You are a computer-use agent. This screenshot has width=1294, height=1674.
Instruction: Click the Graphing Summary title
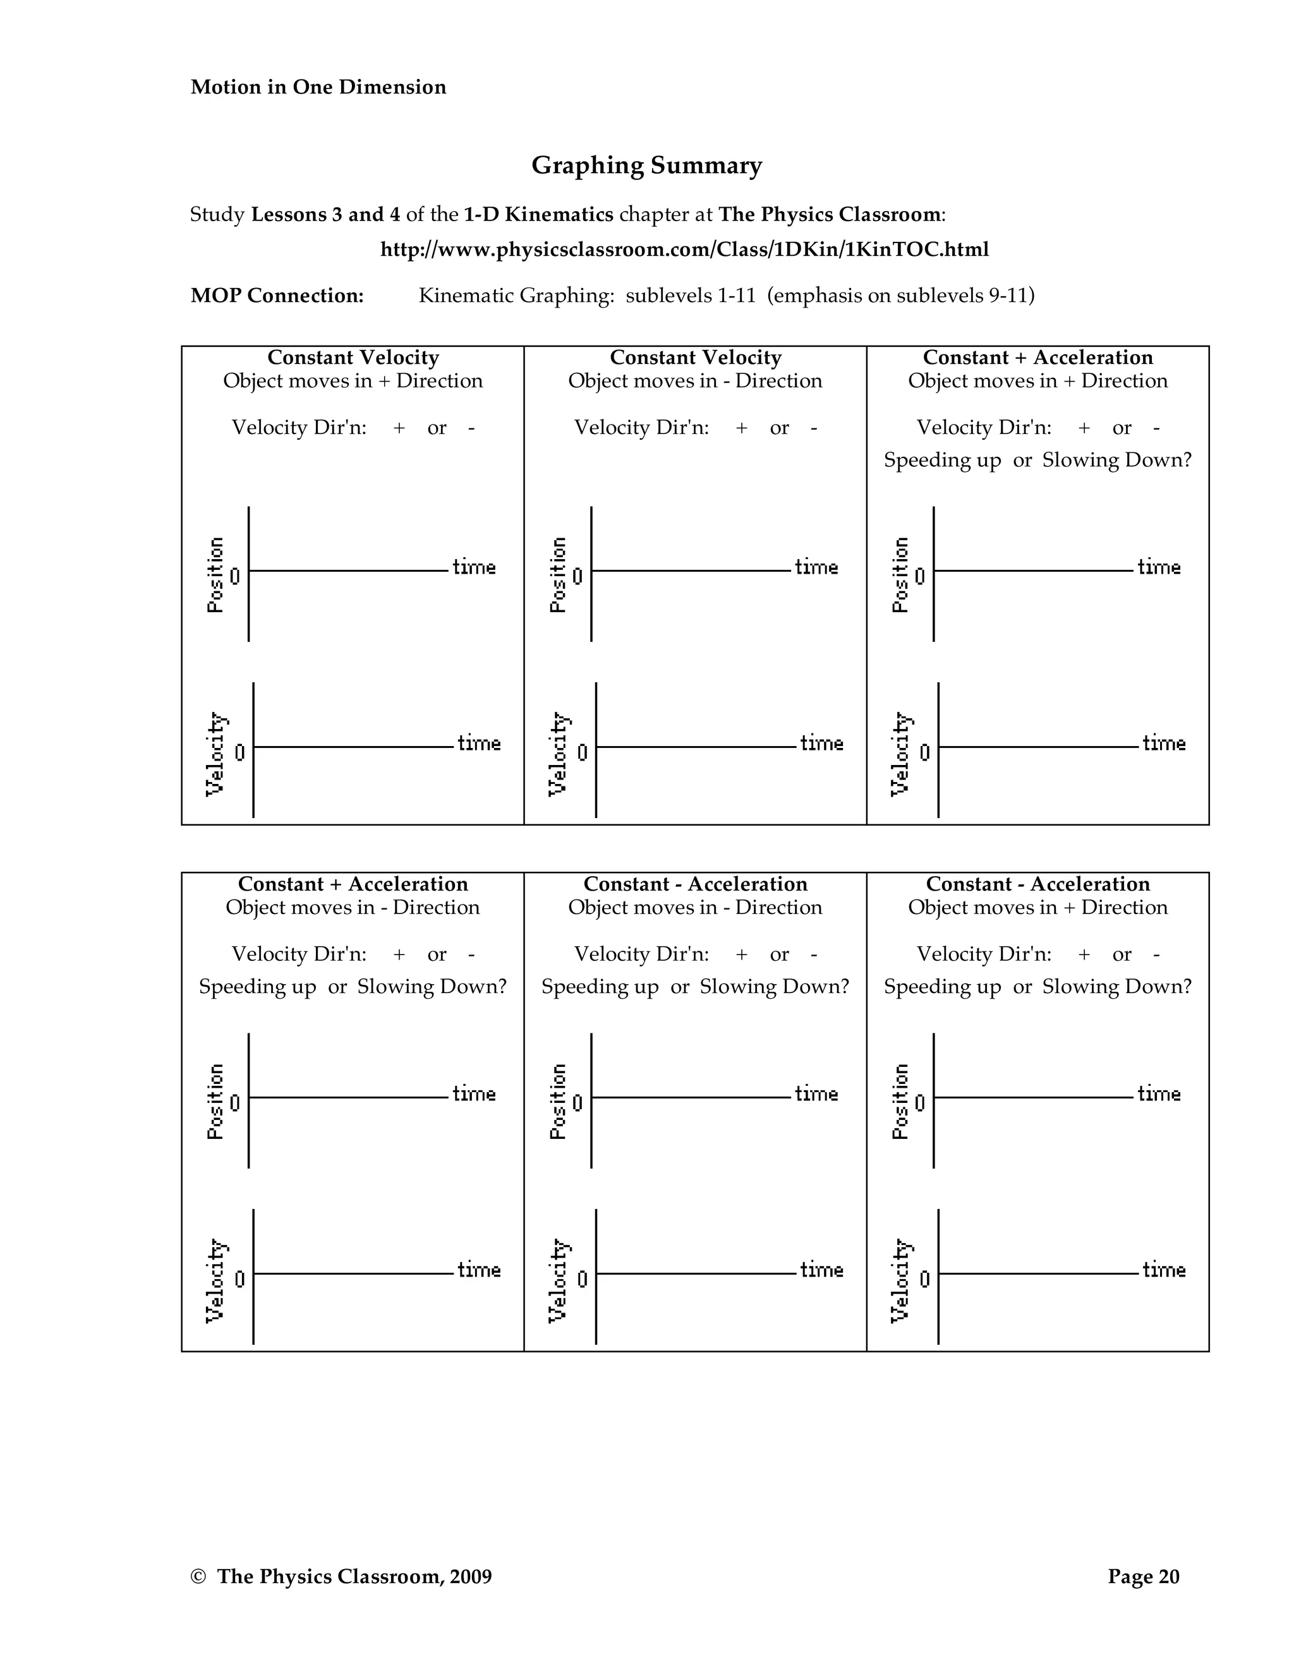coord(646,166)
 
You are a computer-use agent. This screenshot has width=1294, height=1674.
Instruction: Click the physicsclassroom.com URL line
coord(684,250)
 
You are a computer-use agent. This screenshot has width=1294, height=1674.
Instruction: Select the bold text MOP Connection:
coord(277,296)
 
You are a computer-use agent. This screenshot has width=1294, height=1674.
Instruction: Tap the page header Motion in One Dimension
coord(318,87)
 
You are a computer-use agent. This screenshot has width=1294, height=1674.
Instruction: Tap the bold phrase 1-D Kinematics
coord(538,215)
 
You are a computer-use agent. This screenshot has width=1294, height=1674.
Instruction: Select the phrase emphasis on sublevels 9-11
coord(900,296)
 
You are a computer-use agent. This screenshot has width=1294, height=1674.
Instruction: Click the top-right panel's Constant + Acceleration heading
coord(1037,358)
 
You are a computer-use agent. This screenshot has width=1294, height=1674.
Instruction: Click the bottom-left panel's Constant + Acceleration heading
coord(353,884)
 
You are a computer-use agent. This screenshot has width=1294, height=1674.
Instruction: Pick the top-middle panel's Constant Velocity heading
coord(695,358)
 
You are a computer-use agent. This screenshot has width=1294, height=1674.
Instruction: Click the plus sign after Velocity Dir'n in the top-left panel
coord(399,428)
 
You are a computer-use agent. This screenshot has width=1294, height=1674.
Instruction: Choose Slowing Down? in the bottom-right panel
coord(1117,987)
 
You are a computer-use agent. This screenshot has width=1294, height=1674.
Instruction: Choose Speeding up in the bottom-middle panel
coord(600,987)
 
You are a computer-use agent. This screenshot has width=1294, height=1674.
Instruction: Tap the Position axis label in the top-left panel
coord(215,575)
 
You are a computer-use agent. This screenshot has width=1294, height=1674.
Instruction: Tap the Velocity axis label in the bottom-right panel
coord(901,1281)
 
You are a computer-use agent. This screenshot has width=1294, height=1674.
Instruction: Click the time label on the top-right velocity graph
coord(1163,744)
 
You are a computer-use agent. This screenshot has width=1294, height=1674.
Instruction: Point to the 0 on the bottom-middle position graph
coord(577,1103)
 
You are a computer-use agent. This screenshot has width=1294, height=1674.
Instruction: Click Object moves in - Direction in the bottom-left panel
coord(353,908)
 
